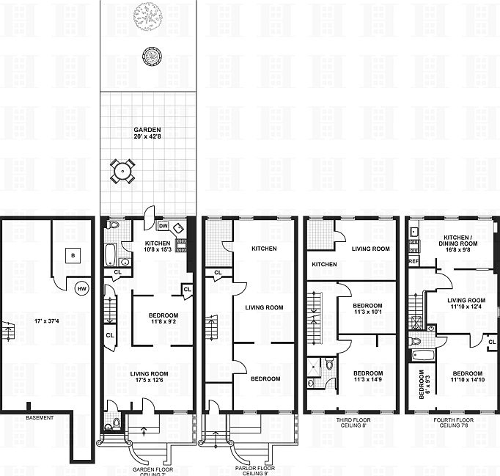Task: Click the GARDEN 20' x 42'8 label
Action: tap(147, 133)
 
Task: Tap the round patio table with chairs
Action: tap(122, 172)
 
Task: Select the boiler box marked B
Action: tap(72, 255)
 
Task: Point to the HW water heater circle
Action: tap(81, 288)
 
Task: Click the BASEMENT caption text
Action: tap(40, 417)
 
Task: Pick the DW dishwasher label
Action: tap(163, 226)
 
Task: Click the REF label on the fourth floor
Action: tap(413, 260)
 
